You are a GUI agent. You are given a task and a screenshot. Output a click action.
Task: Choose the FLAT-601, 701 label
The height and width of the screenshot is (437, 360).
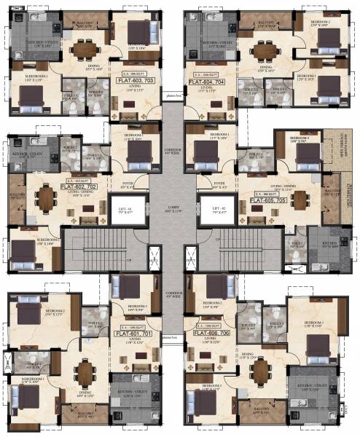132,335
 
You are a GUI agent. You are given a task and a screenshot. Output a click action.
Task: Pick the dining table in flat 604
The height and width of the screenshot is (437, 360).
263,50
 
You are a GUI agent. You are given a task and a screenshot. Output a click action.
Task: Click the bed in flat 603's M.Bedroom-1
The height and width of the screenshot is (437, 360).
24,91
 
